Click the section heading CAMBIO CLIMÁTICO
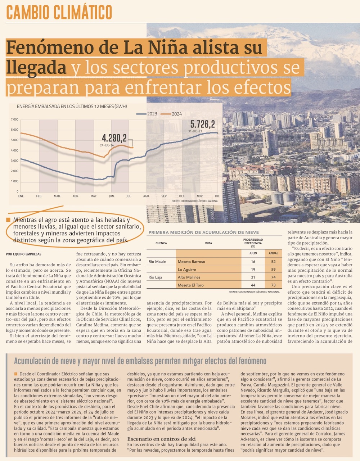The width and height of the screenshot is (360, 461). [x=59, y=12]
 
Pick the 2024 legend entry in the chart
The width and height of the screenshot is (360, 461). [x=172, y=114]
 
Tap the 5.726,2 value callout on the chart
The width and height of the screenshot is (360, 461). [x=203, y=125]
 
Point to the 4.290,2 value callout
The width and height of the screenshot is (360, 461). [x=114, y=138]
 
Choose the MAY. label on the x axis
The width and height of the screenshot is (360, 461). [x=94, y=196]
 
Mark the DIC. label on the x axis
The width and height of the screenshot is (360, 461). [x=217, y=196]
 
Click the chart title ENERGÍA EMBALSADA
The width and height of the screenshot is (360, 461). [x=72, y=106]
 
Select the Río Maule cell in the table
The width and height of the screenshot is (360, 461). [x=157, y=262]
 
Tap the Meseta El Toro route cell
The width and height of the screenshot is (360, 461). [x=191, y=285]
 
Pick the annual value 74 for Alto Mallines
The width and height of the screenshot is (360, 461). [x=274, y=277]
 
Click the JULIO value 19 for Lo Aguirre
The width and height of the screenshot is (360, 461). [x=253, y=270]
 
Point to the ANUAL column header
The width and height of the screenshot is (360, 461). [x=274, y=253]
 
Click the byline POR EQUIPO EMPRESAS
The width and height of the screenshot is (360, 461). [x=23, y=254]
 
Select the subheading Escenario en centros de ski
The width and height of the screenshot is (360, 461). [x=161, y=439]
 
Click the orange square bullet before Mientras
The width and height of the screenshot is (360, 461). [x=8, y=220]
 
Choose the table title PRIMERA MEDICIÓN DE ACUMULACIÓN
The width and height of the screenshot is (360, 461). [x=203, y=232]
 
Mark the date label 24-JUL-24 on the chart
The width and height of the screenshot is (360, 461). [x=107, y=145]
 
